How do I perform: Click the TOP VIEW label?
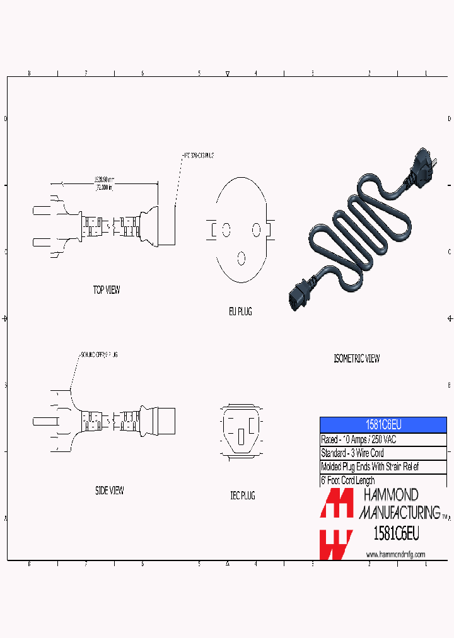(x=106, y=291)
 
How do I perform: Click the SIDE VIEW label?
(x=109, y=490)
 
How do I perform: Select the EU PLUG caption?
(x=240, y=311)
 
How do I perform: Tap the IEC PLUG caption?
(x=242, y=496)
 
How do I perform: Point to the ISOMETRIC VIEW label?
(x=356, y=359)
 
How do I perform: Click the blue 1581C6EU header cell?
(x=383, y=424)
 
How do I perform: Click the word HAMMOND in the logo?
(x=390, y=496)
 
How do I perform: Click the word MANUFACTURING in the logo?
(x=399, y=512)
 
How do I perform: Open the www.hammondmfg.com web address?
(x=395, y=554)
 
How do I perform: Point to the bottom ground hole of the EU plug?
(x=241, y=258)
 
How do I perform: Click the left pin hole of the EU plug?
(x=225, y=229)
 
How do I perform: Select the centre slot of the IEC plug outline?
(x=241, y=436)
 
